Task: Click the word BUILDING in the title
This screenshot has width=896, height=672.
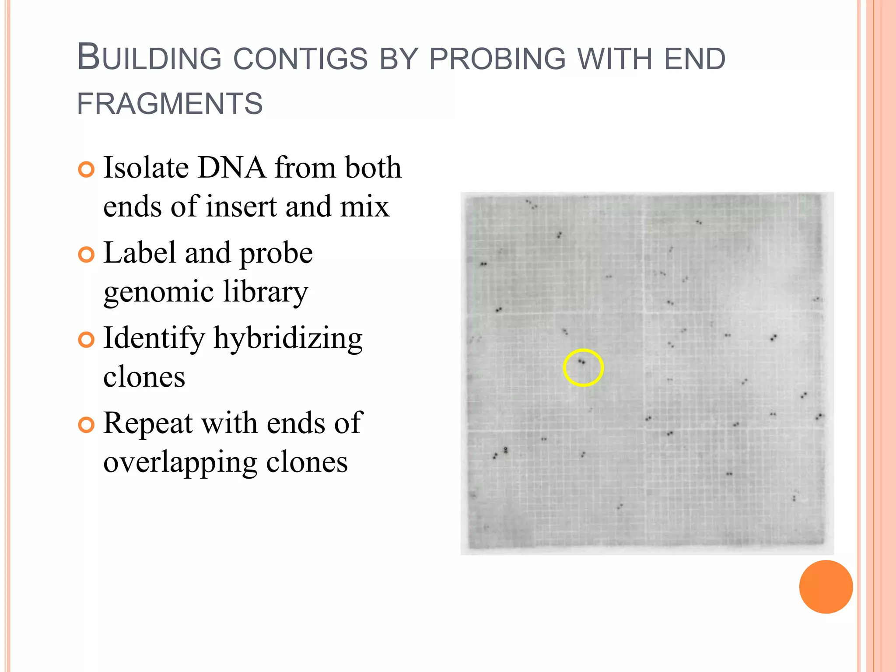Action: pos(149,58)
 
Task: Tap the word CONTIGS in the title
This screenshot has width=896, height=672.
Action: pos(301,59)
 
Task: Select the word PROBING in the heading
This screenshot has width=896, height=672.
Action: pos(497,59)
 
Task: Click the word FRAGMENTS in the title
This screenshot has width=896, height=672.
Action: pos(170,104)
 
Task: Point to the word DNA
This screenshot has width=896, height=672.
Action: pos(232,168)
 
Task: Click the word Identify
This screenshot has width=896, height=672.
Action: pos(154,339)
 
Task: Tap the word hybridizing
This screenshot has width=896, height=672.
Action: pos(288,339)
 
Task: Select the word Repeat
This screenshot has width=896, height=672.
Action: pos(148,423)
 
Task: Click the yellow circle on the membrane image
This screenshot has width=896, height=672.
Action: pos(583,367)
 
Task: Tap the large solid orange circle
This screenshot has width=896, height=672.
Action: pos(826,587)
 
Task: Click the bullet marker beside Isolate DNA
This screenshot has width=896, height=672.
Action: pos(86,170)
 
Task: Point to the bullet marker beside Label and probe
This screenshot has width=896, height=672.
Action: pos(86,255)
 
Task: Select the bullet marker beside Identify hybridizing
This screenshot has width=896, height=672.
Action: pos(86,340)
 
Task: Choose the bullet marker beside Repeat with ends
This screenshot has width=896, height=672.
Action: pos(86,425)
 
